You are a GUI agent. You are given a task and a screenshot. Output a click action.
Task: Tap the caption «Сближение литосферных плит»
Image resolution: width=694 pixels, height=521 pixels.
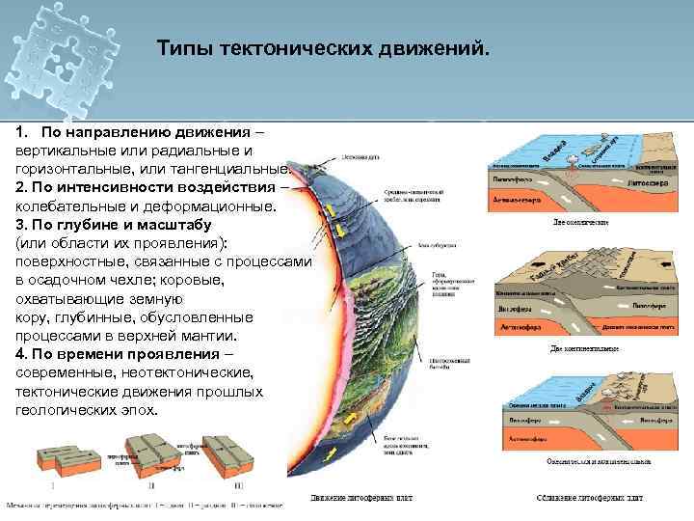[590, 498]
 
